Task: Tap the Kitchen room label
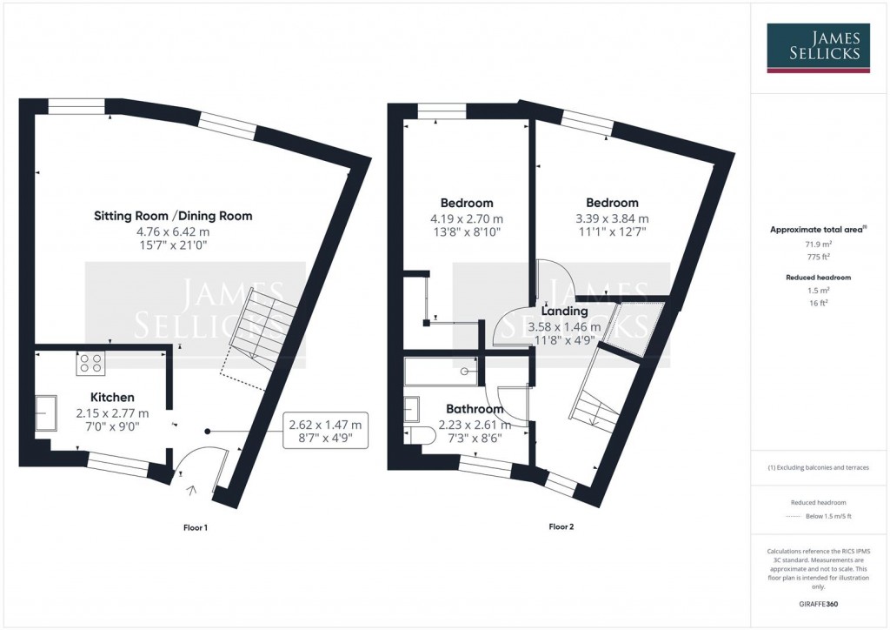112,398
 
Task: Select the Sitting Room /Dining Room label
173,216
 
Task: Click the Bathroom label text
475,409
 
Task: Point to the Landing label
564,311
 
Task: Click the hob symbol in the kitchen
90,362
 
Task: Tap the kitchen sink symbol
45,409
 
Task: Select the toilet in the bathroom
420,435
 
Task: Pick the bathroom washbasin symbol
412,408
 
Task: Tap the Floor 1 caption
196,527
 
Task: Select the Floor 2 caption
561,526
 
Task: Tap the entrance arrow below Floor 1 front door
192,491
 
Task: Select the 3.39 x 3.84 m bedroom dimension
612,218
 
